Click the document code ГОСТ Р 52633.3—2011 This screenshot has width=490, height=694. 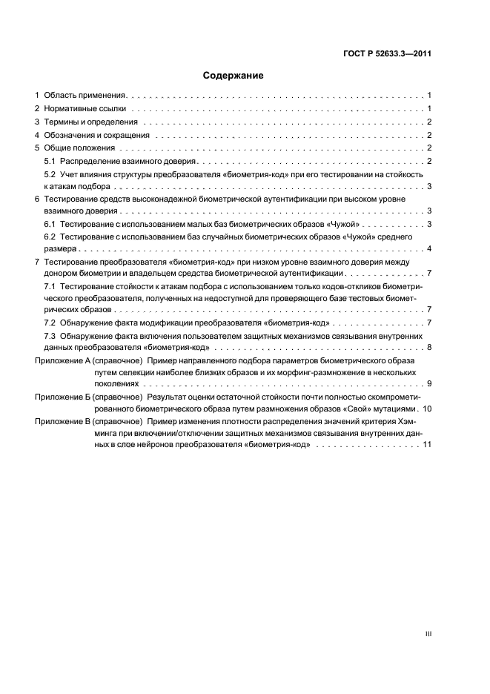388,54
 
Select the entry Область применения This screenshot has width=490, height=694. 86,96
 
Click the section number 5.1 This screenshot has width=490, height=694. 50,161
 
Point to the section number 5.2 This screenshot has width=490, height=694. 50,174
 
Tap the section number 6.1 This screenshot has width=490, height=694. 50,224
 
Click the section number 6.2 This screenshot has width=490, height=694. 50,237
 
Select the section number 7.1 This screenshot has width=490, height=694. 50,285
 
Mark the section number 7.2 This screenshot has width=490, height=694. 50,323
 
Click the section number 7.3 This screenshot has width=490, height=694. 50,336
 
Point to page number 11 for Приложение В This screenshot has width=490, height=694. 427,445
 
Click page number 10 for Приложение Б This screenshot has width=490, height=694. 427,409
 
